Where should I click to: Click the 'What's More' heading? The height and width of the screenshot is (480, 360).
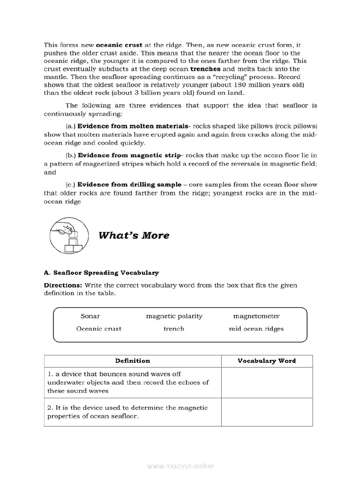(134, 235)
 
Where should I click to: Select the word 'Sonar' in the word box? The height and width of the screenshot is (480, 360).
(90, 316)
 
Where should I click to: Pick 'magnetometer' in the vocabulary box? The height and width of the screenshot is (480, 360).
(256, 316)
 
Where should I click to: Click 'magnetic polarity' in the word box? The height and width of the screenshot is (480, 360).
(174, 316)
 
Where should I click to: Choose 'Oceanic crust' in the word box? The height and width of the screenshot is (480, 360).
(98, 329)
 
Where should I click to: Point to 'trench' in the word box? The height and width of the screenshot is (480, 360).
(173, 329)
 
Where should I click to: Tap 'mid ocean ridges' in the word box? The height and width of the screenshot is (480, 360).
(256, 329)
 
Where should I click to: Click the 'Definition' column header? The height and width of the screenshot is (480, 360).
(132, 360)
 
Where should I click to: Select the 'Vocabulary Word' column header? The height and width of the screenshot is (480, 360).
(266, 360)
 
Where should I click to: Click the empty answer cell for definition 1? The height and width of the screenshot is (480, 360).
(266, 382)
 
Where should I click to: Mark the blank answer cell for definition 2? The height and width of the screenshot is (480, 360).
(266, 412)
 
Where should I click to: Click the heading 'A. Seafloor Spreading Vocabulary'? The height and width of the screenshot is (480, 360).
(101, 272)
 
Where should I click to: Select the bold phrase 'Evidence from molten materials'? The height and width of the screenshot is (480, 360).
(132, 126)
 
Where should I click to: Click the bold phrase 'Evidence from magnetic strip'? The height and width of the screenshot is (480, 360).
(130, 155)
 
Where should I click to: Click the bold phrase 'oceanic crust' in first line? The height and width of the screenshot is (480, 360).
(116, 45)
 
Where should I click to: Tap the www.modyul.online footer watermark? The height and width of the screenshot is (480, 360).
(180, 466)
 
